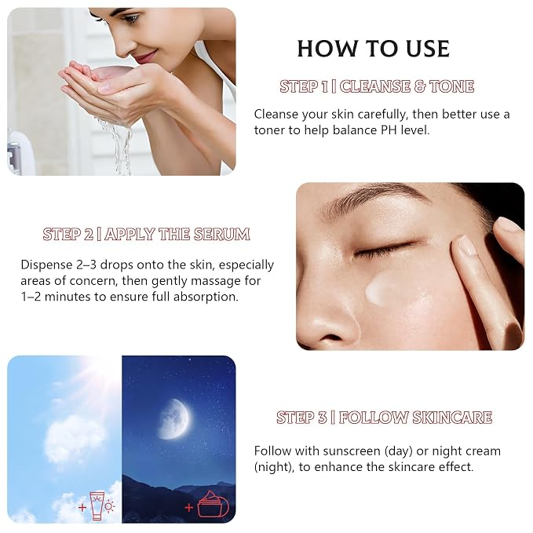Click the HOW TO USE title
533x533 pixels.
coord(373,49)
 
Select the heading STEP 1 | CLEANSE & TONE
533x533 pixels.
coord(377,86)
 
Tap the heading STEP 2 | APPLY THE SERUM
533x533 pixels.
coord(147,234)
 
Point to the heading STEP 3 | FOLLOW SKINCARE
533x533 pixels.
coord(384,418)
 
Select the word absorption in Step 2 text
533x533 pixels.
coord(206,297)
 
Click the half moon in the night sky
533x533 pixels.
coord(174,419)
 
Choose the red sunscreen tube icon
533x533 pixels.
coord(97,506)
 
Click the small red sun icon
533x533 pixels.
coord(109,507)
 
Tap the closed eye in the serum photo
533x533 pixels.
coord(385,251)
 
